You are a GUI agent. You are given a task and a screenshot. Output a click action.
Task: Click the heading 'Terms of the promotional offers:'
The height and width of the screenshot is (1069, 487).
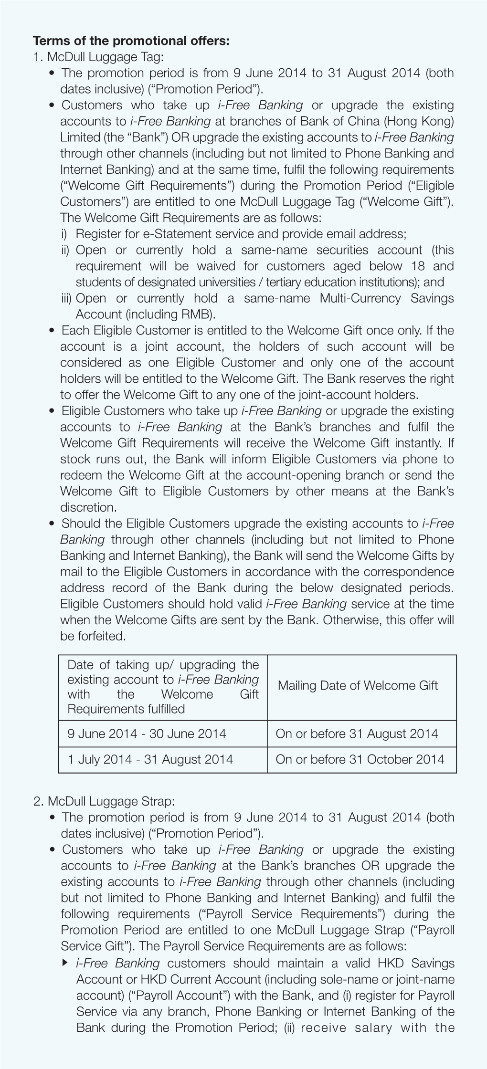(x=131, y=41)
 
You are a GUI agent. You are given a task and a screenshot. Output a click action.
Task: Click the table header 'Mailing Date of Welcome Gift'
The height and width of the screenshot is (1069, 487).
(x=358, y=686)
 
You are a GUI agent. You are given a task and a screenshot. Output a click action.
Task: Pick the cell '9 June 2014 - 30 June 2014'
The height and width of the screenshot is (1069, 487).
(x=147, y=734)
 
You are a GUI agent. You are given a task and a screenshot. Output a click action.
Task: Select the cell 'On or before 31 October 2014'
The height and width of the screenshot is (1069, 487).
(x=360, y=759)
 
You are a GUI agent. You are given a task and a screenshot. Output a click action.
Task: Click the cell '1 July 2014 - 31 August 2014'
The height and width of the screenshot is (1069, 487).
(x=150, y=759)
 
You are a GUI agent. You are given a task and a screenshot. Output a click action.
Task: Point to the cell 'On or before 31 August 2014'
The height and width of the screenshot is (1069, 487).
(x=357, y=734)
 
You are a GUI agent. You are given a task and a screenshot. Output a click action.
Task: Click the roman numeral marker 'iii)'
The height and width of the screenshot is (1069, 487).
(x=66, y=298)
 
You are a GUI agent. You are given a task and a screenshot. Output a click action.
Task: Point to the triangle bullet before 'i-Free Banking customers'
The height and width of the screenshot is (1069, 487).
(x=65, y=963)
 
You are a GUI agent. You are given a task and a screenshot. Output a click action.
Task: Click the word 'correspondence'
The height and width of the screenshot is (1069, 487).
(x=405, y=572)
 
